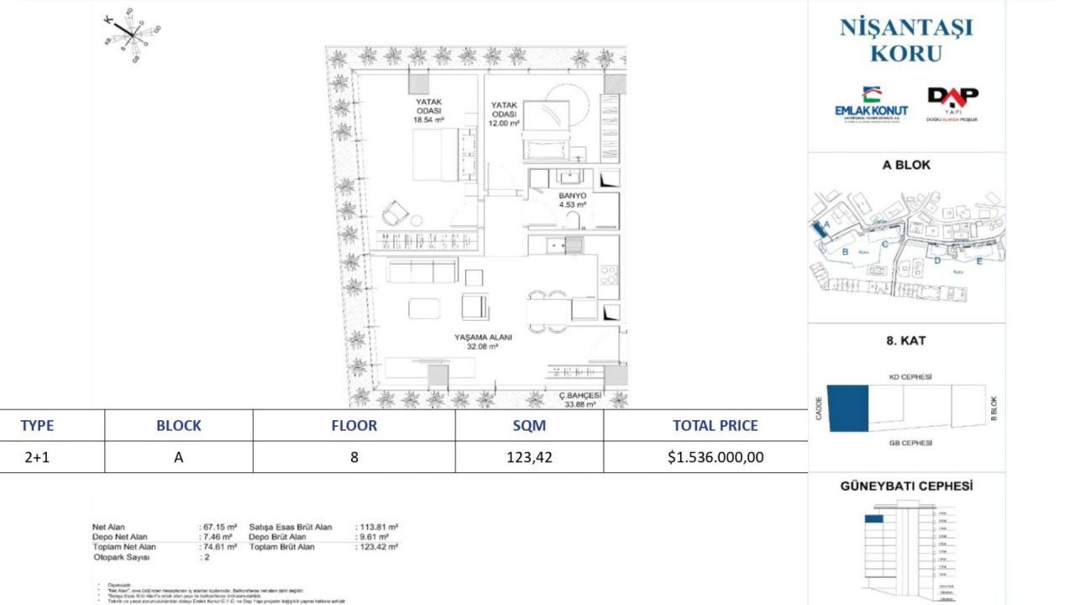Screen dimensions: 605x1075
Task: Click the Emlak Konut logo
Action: tap(871, 104)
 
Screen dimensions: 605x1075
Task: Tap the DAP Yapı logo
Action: tap(952, 103)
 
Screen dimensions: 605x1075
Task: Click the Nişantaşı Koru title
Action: tap(906, 39)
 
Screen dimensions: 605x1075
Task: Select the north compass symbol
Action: tap(130, 33)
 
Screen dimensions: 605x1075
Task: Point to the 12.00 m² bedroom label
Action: tap(504, 114)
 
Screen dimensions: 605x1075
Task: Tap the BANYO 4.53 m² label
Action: tap(572, 199)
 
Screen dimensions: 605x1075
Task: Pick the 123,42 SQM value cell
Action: tap(529, 458)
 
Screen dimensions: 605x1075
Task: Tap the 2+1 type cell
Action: tap(36, 458)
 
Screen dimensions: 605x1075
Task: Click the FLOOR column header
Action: tap(354, 425)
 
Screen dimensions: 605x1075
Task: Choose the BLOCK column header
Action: tap(178, 425)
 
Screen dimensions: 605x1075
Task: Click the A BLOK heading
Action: tap(906, 165)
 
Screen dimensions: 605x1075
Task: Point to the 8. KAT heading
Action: tap(906, 341)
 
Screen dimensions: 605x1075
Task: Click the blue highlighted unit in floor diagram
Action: tap(847, 408)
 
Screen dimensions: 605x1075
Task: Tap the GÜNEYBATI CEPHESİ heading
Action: tap(906, 486)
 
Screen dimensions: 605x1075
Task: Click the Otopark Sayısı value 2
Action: tap(203, 556)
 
